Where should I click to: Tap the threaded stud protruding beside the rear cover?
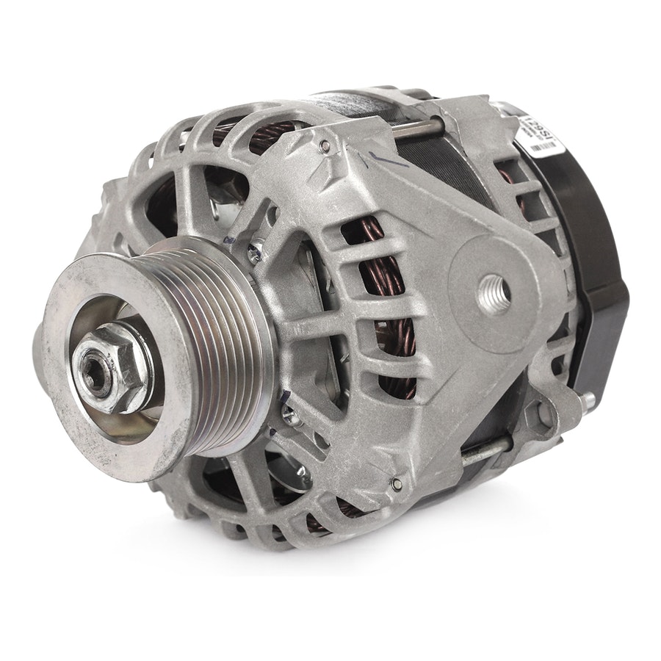coord(588,400)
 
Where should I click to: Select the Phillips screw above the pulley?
coord(255,253)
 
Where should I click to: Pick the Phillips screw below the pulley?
coord(289,416)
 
